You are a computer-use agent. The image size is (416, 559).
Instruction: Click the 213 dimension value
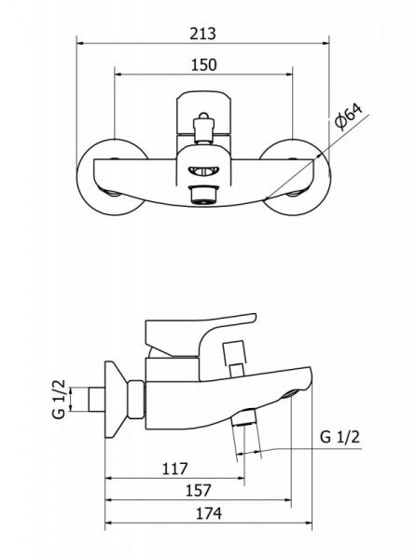pos(202,34)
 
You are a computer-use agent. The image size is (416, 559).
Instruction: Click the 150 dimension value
pos(203,65)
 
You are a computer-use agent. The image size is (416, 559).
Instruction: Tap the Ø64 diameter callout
pos(348,116)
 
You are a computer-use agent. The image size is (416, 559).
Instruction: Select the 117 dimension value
pos(174,469)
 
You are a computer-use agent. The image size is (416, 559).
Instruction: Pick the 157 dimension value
pos(199,491)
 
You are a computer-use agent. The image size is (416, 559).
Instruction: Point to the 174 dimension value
pos(209,513)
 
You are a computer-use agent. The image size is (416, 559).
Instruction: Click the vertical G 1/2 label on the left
pos(59,399)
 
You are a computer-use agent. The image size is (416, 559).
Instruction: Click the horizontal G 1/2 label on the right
pos(340,437)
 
